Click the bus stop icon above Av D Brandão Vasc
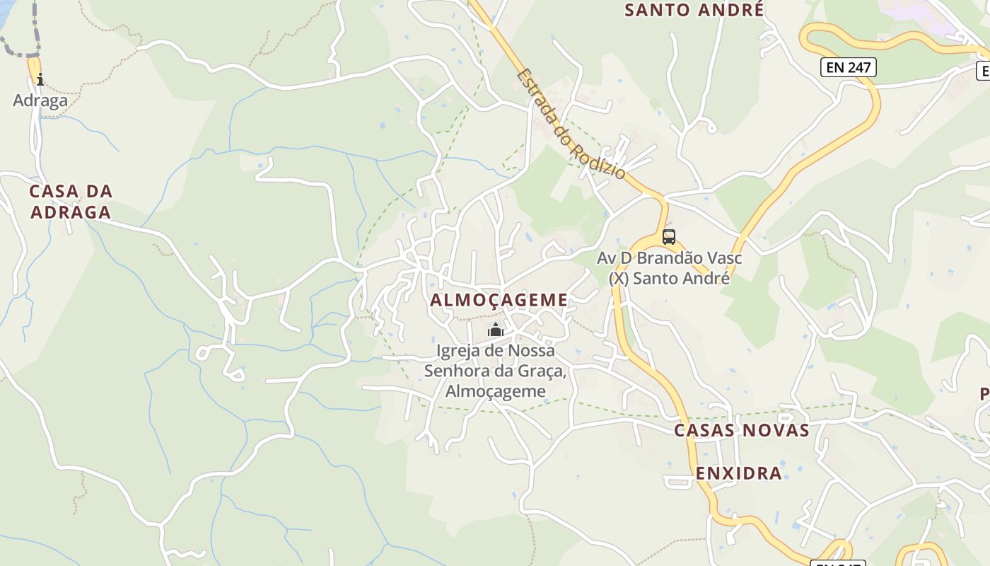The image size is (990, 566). point(668,236)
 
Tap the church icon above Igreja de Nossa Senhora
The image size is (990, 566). point(496,330)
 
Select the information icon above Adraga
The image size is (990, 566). point(40,79)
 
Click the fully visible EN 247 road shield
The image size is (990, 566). point(849,68)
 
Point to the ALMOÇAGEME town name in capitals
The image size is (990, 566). point(499,300)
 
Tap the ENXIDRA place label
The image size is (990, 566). point(739,473)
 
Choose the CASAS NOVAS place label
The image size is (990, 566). point(741,430)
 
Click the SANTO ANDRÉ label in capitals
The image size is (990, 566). point(694,10)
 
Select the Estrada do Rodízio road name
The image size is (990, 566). point(571,123)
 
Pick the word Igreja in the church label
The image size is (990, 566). point(460,351)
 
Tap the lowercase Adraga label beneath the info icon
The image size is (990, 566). point(40,100)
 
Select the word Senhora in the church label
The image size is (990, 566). point(458,371)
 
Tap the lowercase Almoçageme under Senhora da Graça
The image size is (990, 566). point(496,391)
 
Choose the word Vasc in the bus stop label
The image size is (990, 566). point(726,258)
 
